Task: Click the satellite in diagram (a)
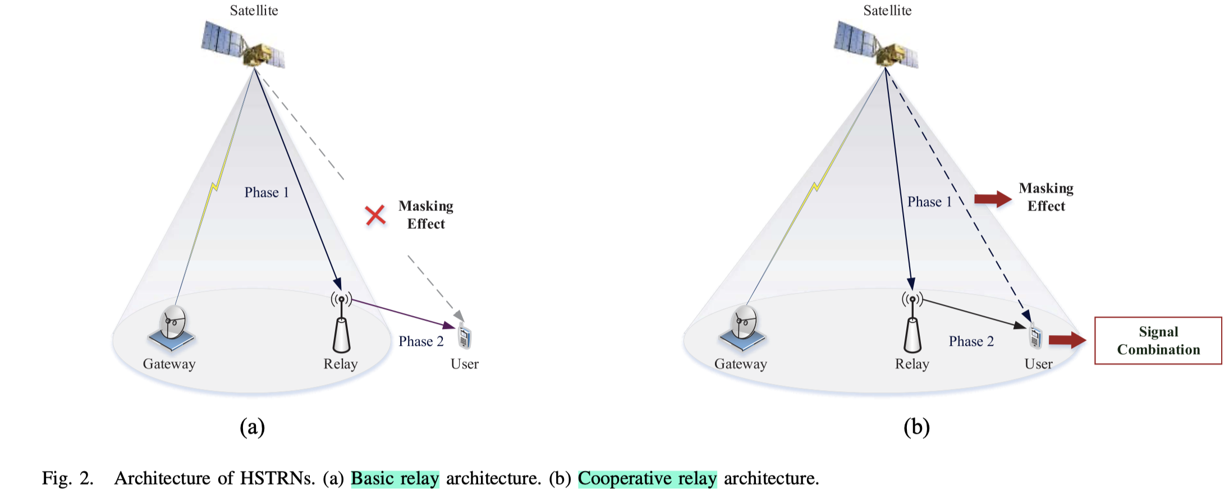[244, 45]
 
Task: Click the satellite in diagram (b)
[877, 45]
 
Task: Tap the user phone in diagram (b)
[1035, 337]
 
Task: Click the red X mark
[375, 215]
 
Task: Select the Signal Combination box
[1158, 341]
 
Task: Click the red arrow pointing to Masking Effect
[992, 198]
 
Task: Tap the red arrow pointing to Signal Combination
[1066, 340]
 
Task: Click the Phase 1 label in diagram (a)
[267, 193]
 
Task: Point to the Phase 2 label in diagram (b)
[971, 341]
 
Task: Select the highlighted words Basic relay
[395, 478]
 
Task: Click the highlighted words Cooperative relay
[647, 478]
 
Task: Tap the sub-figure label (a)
[252, 427]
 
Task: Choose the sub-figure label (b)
[916, 427]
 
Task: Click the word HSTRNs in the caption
[277, 478]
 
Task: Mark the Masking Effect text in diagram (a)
[426, 215]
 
